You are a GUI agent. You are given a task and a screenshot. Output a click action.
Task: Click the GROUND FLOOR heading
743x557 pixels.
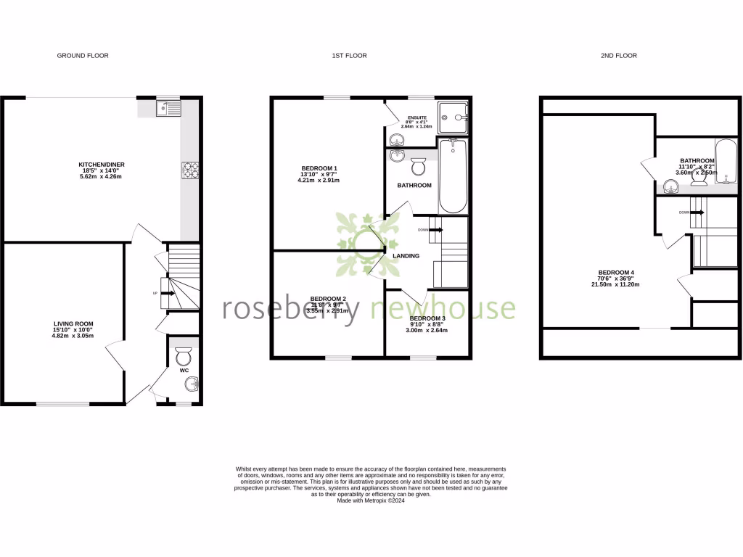pos(83,55)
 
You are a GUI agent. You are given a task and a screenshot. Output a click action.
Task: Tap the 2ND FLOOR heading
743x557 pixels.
pos(620,55)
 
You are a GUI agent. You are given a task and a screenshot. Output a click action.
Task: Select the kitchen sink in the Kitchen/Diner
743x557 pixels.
pos(168,109)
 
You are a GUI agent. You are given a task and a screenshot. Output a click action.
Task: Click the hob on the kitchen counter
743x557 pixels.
pos(190,170)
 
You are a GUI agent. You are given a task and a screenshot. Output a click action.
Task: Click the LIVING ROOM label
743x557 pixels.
pos(73,323)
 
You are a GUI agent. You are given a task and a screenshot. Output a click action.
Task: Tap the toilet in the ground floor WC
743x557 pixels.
pos(184,356)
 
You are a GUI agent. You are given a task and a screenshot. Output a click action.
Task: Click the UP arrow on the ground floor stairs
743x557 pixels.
pos(165,293)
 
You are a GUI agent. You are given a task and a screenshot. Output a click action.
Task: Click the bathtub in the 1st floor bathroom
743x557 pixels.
pos(453,176)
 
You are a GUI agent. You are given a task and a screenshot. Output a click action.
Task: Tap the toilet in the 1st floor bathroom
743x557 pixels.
pos(418,166)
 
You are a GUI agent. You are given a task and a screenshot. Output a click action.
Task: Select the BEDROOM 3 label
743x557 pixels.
pos(428,318)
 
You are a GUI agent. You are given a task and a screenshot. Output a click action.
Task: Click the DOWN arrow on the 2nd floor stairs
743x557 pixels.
pos(696,213)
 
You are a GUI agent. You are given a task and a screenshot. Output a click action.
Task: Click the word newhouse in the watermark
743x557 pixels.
pos(443,308)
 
